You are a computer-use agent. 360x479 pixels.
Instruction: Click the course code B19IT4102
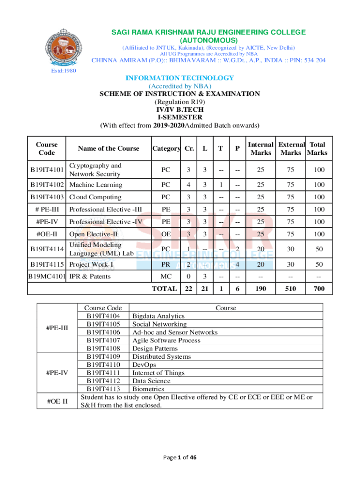click(47, 185)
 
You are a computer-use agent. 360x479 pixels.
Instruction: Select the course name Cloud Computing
click(95, 197)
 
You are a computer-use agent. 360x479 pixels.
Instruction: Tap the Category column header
click(166, 148)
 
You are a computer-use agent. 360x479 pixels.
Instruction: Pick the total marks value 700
click(319, 289)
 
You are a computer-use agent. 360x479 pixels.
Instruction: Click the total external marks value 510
click(290, 289)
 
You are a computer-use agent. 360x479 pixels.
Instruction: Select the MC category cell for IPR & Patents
click(166, 276)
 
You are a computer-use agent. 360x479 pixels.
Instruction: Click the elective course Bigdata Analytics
click(158, 316)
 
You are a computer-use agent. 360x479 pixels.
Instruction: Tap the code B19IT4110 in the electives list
click(104, 364)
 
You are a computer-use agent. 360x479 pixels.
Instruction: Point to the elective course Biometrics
click(148, 389)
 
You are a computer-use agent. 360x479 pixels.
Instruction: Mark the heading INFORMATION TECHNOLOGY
click(180, 78)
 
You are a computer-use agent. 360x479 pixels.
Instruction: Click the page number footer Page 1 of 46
click(180, 457)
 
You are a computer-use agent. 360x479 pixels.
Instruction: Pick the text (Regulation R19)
click(180, 102)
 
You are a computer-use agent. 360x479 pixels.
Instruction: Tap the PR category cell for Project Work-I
click(166, 264)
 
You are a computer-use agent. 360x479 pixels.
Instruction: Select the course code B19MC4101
click(47, 276)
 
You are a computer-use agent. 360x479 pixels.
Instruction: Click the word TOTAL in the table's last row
click(164, 289)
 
